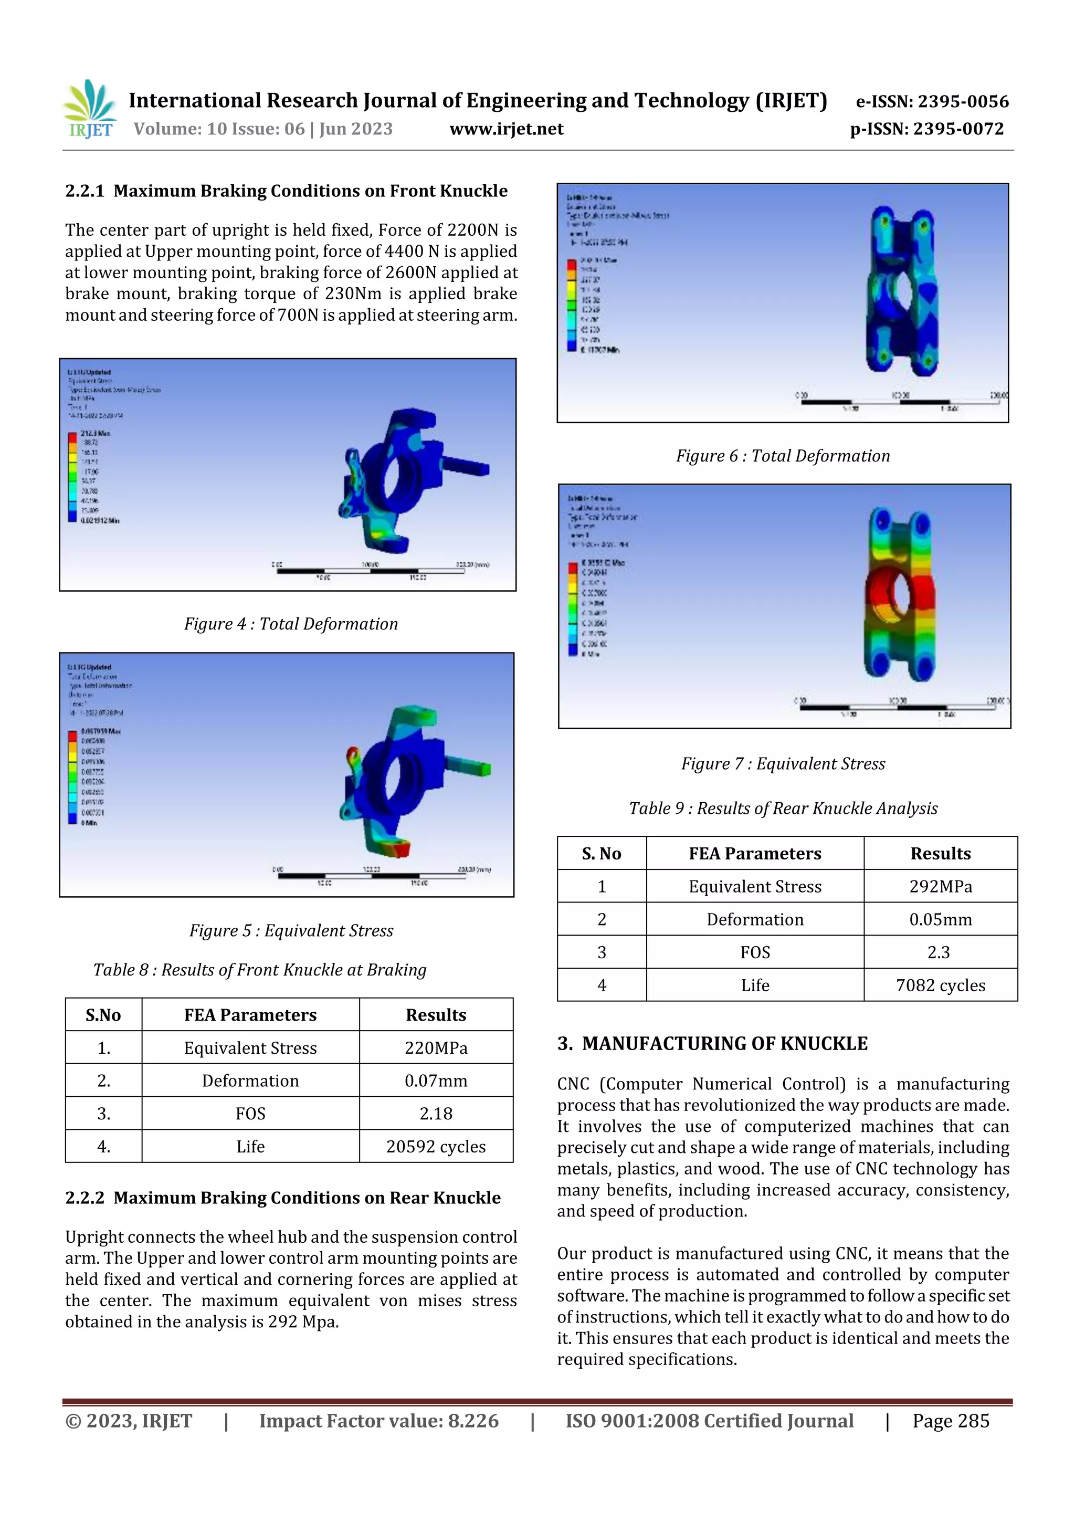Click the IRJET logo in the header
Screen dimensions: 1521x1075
pos(91,110)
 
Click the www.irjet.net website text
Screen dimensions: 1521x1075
pos(506,129)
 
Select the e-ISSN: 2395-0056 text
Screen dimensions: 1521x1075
pos(932,101)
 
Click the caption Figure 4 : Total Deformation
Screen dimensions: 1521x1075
pos(291,624)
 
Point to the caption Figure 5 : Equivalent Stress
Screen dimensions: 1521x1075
pos(291,931)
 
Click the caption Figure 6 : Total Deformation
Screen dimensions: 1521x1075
pos(782,456)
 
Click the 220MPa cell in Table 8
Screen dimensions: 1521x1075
pos(436,1048)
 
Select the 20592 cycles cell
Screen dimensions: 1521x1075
pos(436,1147)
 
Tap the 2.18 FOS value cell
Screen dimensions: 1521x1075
pos(436,1114)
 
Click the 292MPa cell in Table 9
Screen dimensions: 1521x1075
pos(940,886)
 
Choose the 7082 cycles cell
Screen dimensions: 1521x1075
pos(940,985)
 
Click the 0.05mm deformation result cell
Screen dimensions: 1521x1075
pos(940,919)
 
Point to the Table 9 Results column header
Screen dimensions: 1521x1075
pos(940,853)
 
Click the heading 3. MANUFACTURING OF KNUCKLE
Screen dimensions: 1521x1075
pos(712,1044)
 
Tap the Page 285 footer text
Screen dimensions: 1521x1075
pos(951,1421)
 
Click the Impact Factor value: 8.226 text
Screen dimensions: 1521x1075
pos(378,1421)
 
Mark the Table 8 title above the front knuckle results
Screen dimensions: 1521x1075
pos(260,970)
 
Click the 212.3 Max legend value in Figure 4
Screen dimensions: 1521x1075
pos(96,433)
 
